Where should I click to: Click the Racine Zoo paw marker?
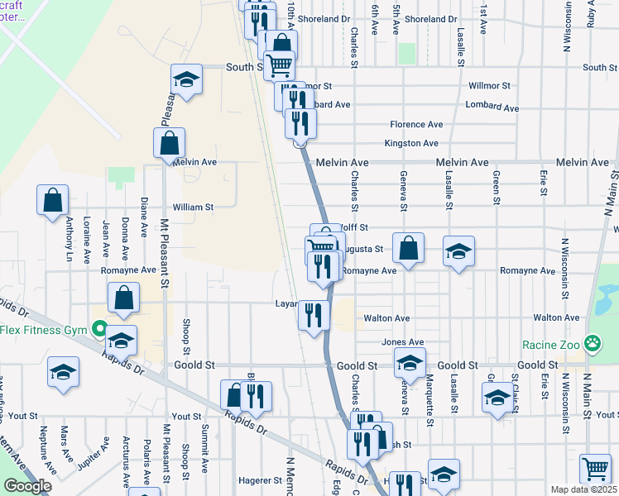(593, 342)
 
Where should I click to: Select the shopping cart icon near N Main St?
(595, 469)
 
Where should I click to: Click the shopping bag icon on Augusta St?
(408, 247)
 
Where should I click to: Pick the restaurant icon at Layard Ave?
(314, 314)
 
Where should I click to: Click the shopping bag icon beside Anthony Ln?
(52, 199)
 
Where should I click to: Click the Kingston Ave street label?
(411, 143)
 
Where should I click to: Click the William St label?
(193, 207)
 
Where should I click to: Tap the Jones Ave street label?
(403, 342)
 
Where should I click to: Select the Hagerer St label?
(262, 480)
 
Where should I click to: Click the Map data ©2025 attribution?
(583, 489)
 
